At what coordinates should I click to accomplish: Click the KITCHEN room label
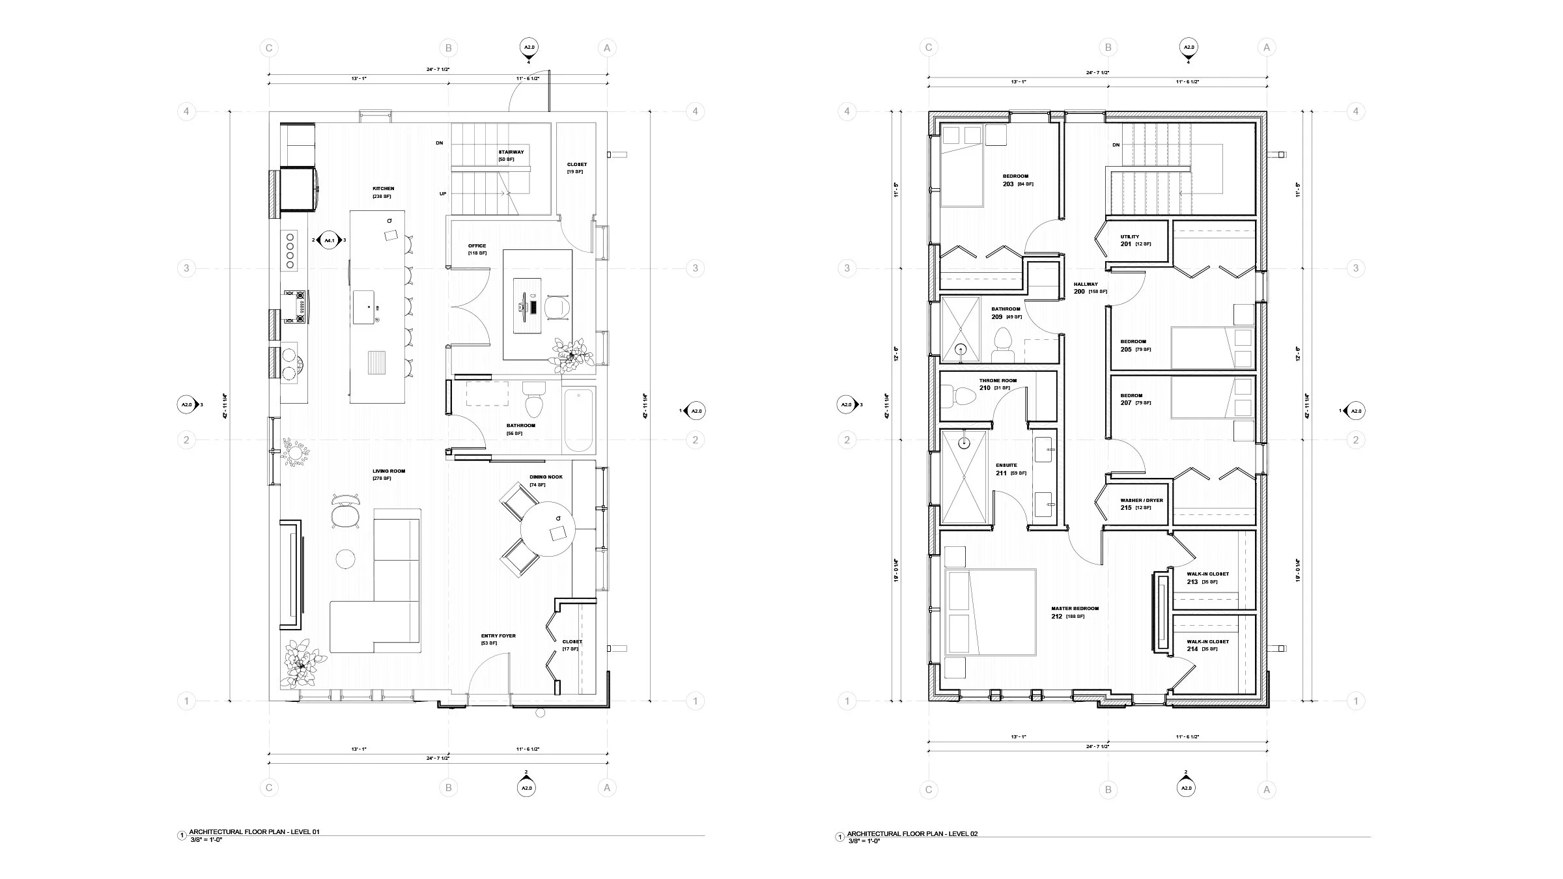(383, 189)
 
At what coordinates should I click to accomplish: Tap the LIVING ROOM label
(389, 471)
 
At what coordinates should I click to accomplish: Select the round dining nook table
(548, 529)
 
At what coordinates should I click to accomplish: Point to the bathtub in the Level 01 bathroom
(579, 420)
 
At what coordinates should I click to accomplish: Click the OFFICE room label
(477, 246)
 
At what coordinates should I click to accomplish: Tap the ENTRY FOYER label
(498, 636)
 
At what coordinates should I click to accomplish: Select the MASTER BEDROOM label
(1075, 609)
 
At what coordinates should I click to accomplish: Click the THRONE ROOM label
(998, 381)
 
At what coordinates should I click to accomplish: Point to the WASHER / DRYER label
(1142, 501)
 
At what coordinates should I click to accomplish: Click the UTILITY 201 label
(1130, 237)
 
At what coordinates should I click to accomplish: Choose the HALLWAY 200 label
(1086, 285)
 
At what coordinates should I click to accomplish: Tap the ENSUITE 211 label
(1006, 466)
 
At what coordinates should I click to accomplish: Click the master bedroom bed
(991, 612)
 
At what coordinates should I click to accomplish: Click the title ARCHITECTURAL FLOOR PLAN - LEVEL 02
(912, 834)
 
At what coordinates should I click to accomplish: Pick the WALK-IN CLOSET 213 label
(1207, 574)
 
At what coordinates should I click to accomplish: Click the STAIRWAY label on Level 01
(511, 152)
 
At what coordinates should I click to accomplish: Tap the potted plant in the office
(571, 356)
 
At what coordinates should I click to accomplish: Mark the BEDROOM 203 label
(1015, 176)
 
